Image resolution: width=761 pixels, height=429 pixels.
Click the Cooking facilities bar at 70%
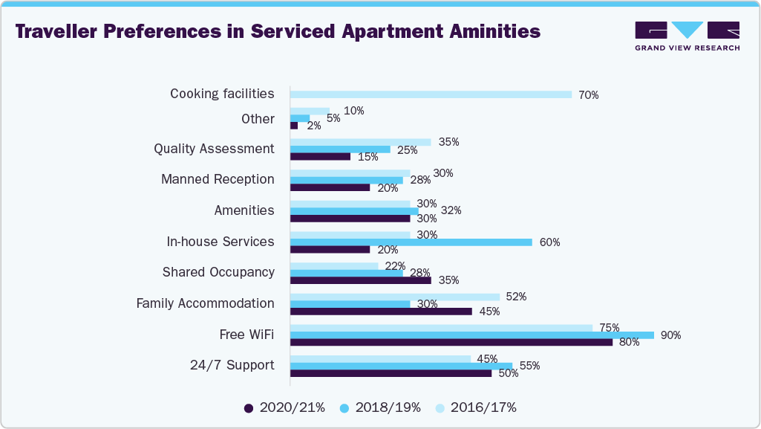pos(431,94)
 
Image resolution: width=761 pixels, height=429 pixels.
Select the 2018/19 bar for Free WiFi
pos(471,335)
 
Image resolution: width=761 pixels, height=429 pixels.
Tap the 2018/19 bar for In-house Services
pos(411,242)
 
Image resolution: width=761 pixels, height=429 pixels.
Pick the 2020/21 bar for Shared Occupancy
pos(360,280)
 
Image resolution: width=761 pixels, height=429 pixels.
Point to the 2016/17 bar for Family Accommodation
pos(394,297)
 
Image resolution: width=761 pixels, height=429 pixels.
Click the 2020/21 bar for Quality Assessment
pos(320,156)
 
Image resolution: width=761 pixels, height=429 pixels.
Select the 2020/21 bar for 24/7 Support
pos(391,373)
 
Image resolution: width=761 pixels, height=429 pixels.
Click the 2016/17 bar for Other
pos(310,111)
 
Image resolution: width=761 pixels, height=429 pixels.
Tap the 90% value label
pos(670,335)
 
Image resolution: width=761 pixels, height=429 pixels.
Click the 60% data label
pos(549,242)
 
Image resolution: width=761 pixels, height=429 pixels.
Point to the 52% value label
pos(516,297)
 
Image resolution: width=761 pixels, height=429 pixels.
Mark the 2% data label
pos(313,126)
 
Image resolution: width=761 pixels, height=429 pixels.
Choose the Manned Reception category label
pos(218,179)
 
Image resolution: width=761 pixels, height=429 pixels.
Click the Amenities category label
pos(244,210)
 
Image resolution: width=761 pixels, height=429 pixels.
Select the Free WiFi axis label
pos(246,335)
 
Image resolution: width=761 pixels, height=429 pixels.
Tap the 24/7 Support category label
pos(232,365)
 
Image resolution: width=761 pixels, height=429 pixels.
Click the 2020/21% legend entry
pos(284,407)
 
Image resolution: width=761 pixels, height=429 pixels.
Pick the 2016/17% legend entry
pos(475,407)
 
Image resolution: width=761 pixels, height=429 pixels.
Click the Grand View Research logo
pos(687,36)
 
